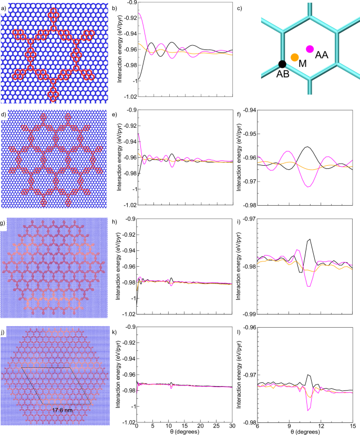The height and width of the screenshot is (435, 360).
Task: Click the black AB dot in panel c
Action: [x=282, y=64]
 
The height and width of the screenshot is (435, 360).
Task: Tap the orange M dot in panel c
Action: [x=295, y=57]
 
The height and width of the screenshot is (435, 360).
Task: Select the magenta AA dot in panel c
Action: [x=310, y=49]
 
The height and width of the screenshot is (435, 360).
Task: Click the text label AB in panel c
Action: [x=283, y=74]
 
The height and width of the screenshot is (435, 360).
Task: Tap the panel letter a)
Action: [x=4, y=6]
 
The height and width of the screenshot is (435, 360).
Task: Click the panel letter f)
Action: [x=241, y=113]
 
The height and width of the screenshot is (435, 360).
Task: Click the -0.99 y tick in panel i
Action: [x=247, y=314]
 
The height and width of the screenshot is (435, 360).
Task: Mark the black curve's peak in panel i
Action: [x=310, y=239]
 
